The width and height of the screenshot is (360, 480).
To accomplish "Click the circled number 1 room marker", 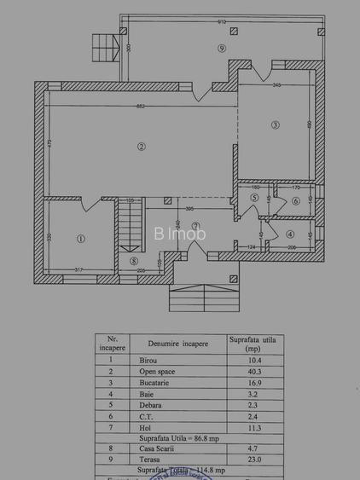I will point(80,239).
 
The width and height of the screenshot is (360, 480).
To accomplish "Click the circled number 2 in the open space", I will point(141,147).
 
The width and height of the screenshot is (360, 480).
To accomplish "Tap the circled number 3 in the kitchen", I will point(275,124).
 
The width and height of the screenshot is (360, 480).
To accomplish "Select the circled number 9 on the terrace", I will point(221,49).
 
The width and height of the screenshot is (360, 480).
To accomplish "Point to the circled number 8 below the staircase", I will point(132,260).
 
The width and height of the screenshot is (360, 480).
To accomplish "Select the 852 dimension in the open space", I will point(141,106).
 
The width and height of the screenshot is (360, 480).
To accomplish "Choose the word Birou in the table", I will point(149,360).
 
